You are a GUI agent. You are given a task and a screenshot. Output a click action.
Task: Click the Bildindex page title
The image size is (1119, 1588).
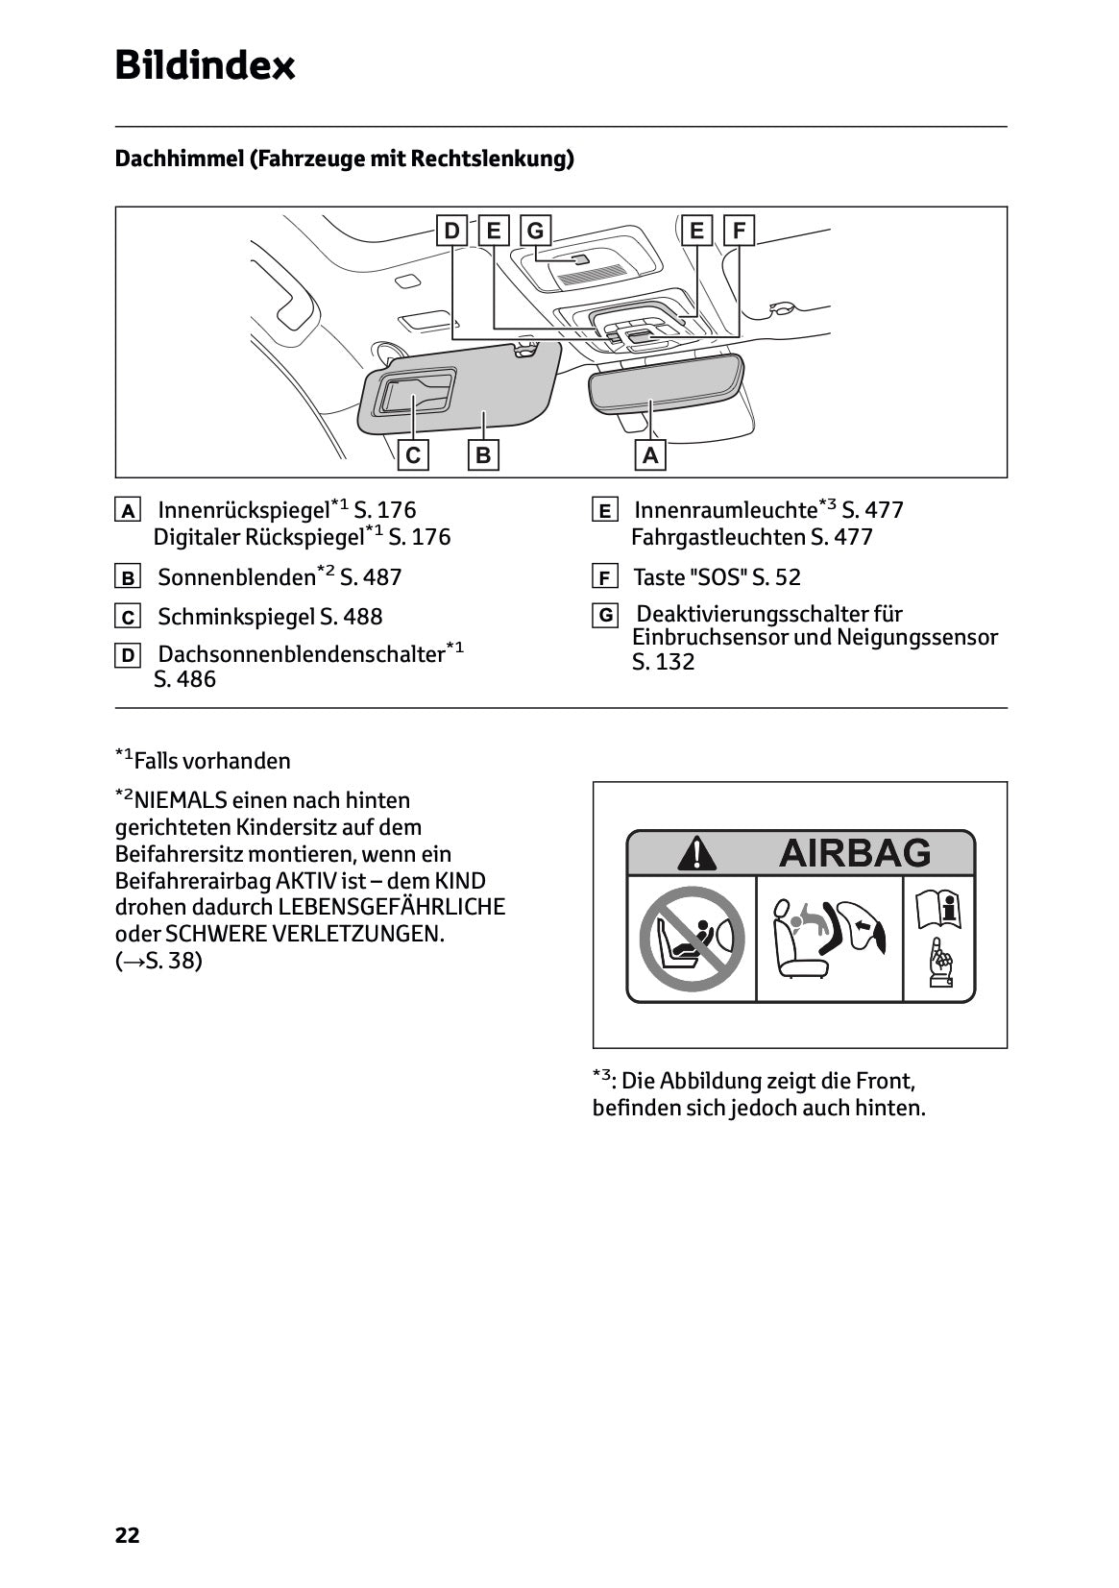pos(205,65)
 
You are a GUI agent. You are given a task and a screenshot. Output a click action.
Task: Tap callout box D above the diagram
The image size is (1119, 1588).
pos(450,231)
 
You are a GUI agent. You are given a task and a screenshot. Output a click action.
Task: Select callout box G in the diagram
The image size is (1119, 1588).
pos(535,231)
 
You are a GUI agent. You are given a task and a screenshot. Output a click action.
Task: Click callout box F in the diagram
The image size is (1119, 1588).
pos(739,231)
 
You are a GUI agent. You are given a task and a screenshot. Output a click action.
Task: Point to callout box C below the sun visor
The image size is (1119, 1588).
pos(413,455)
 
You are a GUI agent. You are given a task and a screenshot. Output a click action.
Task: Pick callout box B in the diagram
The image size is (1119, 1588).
pos(483,455)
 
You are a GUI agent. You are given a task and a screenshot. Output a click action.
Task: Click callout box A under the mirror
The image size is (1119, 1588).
pos(651,455)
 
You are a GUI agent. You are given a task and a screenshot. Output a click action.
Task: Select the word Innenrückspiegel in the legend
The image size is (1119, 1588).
pos(242,510)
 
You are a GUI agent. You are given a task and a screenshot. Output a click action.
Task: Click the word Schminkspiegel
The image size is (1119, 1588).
pos(235,617)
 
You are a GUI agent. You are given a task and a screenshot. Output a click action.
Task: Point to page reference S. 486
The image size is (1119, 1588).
pos(184,679)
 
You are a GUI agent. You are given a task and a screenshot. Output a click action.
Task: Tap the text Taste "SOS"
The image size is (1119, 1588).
pos(690,577)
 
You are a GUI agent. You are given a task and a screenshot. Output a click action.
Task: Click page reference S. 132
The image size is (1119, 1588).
pos(663,662)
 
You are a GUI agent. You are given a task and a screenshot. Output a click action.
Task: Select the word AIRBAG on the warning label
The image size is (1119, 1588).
pos(854,852)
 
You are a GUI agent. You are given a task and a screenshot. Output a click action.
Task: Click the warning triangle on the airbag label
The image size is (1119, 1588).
pos(695,852)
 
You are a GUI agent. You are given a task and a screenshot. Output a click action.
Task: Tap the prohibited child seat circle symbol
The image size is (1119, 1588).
pos(692,939)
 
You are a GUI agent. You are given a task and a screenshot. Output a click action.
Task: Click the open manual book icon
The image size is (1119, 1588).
pos(939,909)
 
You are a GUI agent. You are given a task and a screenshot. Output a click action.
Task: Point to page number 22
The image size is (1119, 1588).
pos(127,1535)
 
